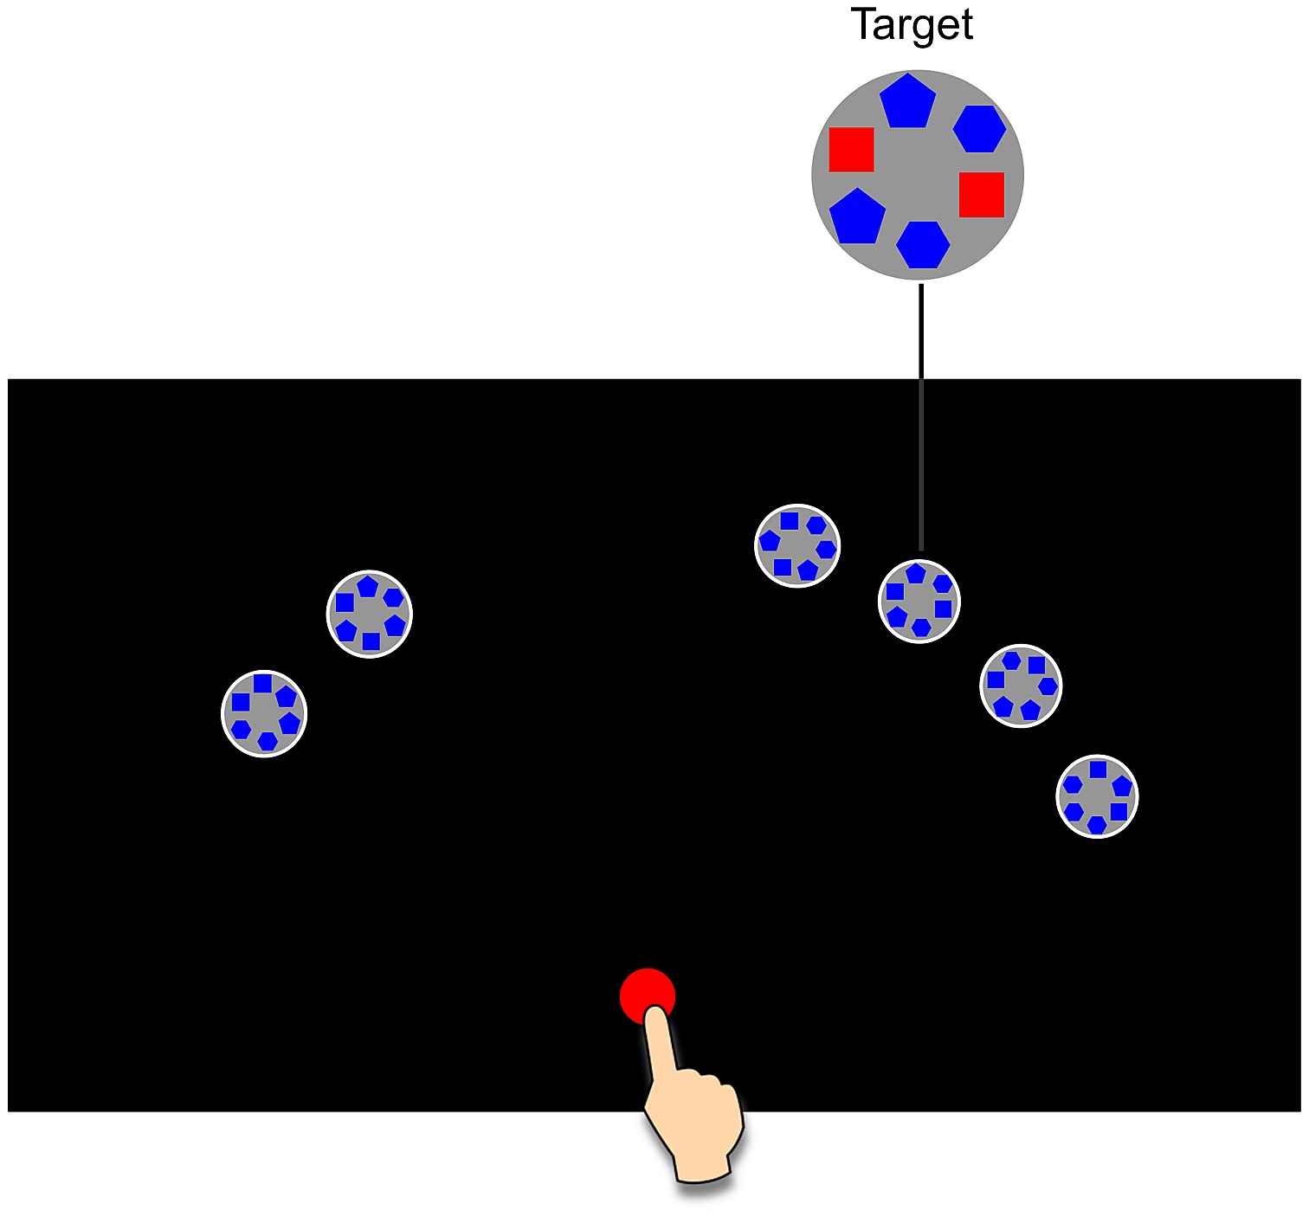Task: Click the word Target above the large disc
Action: click(x=912, y=24)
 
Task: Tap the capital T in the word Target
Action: click(x=863, y=23)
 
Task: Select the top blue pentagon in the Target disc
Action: click(x=907, y=101)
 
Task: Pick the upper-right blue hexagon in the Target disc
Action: click(x=979, y=129)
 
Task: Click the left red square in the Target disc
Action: click(x=851, y=150)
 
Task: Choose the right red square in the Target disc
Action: click(x=981, y=195)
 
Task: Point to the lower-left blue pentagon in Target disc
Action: click(x=857, y=216)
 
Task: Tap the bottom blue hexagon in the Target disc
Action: click(x=923, y=244)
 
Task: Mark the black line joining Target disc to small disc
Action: click(x=921, y=415)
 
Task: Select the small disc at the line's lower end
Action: click(x=919, y=601)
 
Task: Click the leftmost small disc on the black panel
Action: click(x=264, y=713)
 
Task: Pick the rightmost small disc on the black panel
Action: click(x=1097, y=796)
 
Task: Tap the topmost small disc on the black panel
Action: click(x=797, y=545)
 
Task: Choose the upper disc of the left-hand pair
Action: click(x=370, y=614)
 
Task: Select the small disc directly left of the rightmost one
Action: click(x=1021, y=686)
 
